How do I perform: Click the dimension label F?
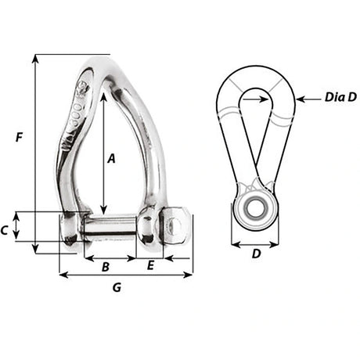(17, 138)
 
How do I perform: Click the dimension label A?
(111, 158)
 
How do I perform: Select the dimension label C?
(6, 230)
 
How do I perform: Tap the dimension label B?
(105, 267)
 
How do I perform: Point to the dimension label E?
(150, 267)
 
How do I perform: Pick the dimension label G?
(117, 287)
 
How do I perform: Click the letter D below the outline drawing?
(255, 255)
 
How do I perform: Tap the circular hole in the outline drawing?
(254, 207)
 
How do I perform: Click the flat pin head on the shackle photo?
(176, 225)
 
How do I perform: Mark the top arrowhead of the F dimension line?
(36, 58)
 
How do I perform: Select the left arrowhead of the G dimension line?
(63, 275)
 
